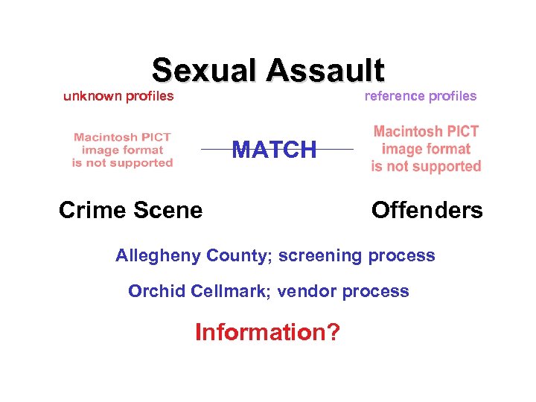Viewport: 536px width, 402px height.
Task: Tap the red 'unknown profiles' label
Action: click(118, 96)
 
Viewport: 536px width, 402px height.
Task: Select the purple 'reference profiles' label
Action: click(420, 96)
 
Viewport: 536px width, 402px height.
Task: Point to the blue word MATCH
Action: click(274, 150)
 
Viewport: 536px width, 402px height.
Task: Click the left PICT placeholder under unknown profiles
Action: click(122, 150)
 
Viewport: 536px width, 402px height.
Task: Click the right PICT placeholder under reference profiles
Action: click(426, 149)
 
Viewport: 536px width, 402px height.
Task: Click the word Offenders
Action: click(427, 211)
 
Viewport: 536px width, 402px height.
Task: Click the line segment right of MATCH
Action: click(336, 150)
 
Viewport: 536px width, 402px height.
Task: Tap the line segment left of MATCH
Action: click(216, 150)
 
